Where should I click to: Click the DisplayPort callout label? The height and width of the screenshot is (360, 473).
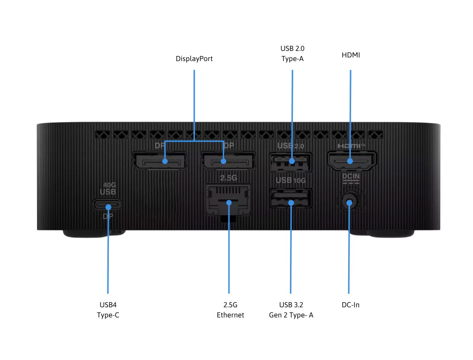(194, 59)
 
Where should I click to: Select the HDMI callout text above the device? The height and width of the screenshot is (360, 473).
(351, 55)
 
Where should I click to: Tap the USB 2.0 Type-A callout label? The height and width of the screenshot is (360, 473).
(292, 53)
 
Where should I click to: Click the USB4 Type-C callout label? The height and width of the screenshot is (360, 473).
(108, 310)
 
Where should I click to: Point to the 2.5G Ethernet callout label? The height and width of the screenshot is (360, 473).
(230, 310)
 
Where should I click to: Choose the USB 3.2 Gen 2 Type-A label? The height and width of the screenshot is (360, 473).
(291, 310)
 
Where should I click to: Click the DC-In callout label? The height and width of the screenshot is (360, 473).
(350, 305)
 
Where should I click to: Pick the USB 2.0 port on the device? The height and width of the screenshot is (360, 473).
(291, 162)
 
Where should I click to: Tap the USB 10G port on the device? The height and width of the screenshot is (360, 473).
(291, 198)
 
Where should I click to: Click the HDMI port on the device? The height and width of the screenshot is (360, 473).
(351, 160)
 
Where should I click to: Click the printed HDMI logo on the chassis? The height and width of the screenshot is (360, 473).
(351, 146)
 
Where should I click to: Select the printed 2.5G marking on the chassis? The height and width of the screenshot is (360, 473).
(228, 178)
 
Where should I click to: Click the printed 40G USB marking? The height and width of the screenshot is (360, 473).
(108, 189)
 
